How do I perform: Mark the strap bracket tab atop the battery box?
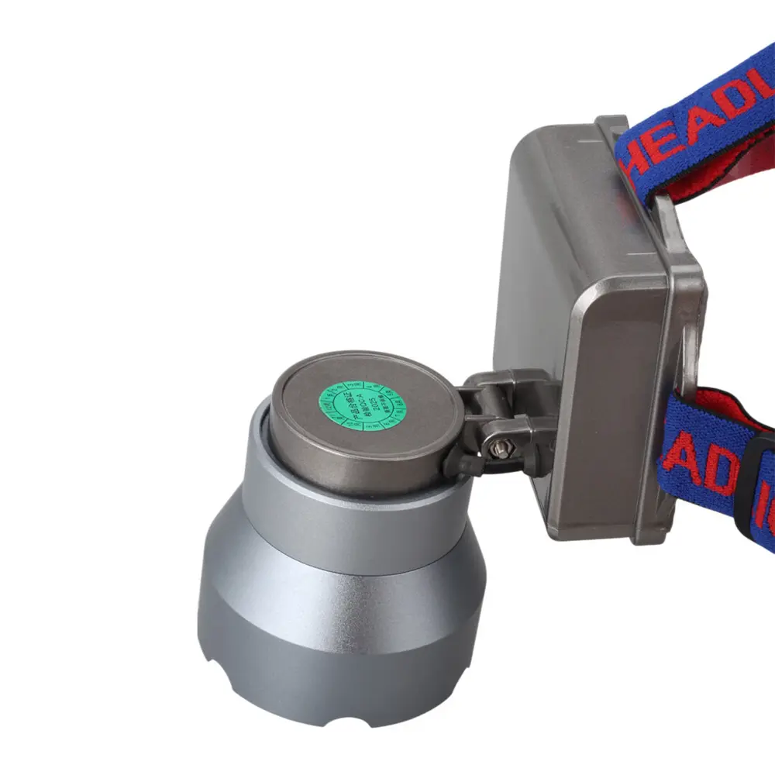(612, 128)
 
